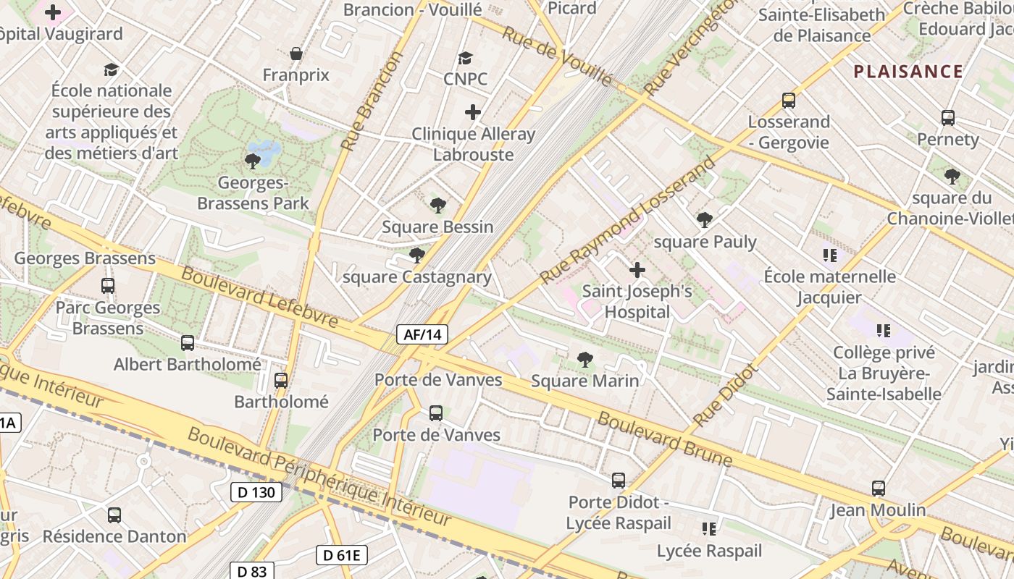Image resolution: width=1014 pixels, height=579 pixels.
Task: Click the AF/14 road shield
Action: coord(422,334)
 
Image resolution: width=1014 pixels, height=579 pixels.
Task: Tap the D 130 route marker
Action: coord(256,493)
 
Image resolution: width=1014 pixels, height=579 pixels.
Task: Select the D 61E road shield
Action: coord(342,555)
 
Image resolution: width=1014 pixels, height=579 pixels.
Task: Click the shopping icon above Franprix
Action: coord(296,54)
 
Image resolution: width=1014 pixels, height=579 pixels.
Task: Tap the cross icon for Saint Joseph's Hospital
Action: coord(637,271)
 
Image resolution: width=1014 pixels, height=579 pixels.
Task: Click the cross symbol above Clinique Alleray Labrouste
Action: coord(473,112)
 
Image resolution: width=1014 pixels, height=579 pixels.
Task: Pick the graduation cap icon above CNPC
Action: coord(465,58)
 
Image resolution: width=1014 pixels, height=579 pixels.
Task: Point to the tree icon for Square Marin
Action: coord(584,359)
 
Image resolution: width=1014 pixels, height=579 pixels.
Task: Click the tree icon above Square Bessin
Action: coord(437,206)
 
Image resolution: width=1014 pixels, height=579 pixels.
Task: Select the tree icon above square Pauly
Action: coord(704,220)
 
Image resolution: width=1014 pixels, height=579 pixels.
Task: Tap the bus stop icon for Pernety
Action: coord(947,117)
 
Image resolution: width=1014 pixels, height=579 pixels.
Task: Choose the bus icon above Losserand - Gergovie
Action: coord(789,101)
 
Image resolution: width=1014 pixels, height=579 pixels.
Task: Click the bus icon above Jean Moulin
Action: coord(879,489)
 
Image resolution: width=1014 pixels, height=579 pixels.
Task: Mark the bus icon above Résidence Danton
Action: coord(114,515)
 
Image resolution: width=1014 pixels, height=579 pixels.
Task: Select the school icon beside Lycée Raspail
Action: coord(709,529)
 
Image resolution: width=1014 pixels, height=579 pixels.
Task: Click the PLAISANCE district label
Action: coord(908,72)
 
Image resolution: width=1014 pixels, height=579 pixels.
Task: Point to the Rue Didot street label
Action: coord(724,394)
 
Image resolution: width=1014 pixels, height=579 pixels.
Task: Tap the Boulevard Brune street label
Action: coord(664,439)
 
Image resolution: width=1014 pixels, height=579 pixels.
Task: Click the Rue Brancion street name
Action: coord(370,101)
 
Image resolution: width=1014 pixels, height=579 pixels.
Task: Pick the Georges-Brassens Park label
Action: coord(253,193)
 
